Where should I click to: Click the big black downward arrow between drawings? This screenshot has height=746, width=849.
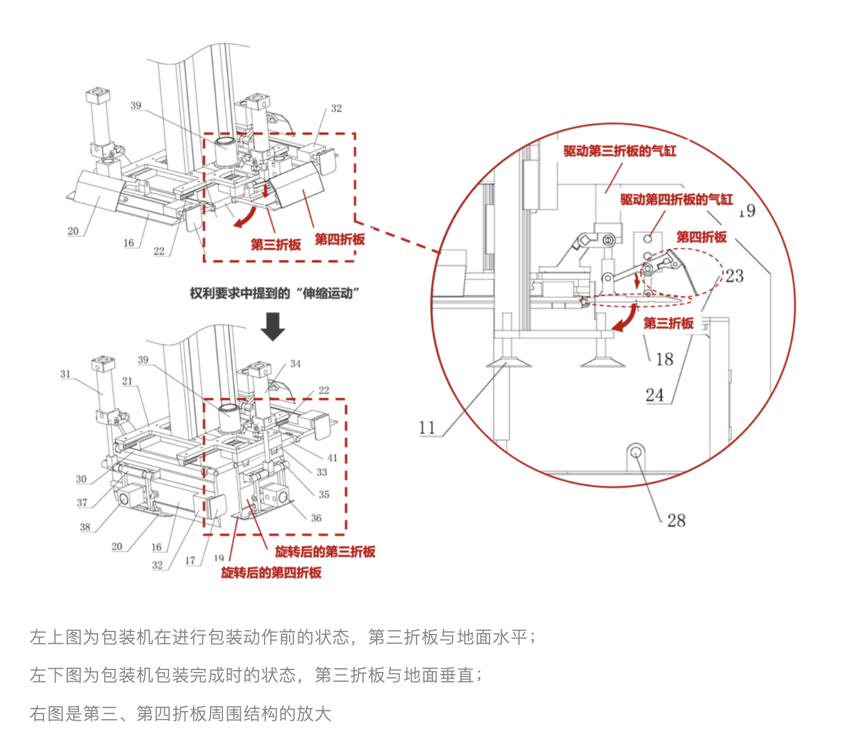[x=273, y=326]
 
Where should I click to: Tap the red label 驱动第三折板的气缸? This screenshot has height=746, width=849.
[x=619, y=151]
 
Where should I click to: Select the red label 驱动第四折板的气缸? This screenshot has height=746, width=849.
[x=676, y=199]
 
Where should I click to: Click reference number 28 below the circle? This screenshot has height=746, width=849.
[x=676, y=521]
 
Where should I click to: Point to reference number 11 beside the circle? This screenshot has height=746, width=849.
[x=427, y=428]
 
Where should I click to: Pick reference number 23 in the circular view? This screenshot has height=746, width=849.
[x=734, y=276]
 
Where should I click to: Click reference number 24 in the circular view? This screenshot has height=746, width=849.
[x=654, y=395]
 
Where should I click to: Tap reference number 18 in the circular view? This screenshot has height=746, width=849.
[x=664, y=360]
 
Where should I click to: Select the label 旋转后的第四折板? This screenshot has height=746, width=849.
[x=271, y=573]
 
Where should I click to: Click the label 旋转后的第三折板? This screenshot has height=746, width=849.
[x=325, y=551]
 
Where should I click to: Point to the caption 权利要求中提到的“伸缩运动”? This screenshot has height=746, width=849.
[x=274, y=293]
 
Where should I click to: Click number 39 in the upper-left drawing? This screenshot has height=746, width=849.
[x=136, y=105]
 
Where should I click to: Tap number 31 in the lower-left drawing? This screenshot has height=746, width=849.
[x=66, y=374]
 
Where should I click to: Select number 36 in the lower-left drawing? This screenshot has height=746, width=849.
[x=316, y=518]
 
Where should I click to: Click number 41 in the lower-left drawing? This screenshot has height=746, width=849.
[x=332, y=458]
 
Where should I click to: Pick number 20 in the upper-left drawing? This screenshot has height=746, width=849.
[x=73, y=231]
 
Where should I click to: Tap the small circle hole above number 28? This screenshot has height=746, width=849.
[x=636, y=452]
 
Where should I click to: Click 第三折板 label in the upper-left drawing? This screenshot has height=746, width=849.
[x=276, y=244]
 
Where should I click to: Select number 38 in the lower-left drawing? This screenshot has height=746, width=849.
[x=85, y=527]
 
